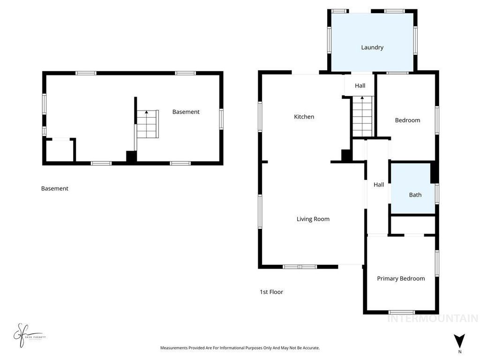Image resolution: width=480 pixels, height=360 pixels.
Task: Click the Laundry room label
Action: coord(372,47)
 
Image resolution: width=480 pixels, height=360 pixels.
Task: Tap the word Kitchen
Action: coord(304,117)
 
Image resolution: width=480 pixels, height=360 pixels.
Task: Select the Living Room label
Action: coord(313,219)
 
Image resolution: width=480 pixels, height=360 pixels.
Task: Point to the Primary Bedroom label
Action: coord(401,278)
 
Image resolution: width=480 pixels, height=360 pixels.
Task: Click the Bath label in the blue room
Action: coord(415,195)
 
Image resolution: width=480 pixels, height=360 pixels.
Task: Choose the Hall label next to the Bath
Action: coord(379,185)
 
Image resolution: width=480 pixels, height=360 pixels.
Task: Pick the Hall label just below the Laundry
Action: coord(360,86)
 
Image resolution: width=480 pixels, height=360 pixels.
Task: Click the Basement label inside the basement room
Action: coord(186,112)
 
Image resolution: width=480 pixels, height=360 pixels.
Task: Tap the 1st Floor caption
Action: coord(271,292)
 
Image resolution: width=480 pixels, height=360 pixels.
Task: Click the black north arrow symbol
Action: coord(459,341)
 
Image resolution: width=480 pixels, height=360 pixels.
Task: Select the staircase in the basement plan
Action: coord(147,124)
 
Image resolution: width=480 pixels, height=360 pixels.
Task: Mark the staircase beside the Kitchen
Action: coord(362,115)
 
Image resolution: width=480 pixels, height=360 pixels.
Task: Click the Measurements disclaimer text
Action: coord(240,348)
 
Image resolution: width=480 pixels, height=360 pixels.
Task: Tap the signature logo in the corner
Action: coord(27,335)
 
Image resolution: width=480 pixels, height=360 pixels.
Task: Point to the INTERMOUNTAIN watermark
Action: coord(432,319)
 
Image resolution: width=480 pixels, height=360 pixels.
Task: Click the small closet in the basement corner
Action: coord(59,150)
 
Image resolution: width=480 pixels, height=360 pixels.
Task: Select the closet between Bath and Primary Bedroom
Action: coord(413,225)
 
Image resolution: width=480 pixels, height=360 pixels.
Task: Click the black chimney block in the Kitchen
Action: coord(346,156)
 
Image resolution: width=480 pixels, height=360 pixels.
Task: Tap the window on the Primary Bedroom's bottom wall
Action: coord(401,312)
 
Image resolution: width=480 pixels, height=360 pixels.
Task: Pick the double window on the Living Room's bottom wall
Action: coord(300,267)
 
